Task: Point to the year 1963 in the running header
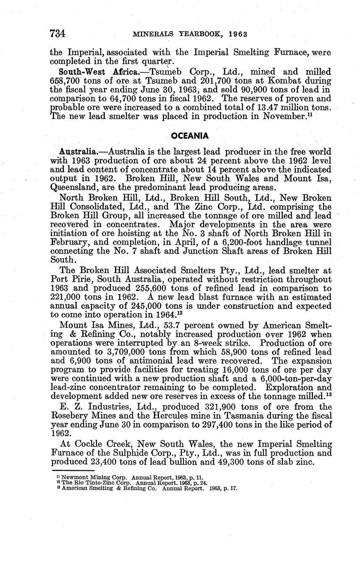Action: click(238, 34)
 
